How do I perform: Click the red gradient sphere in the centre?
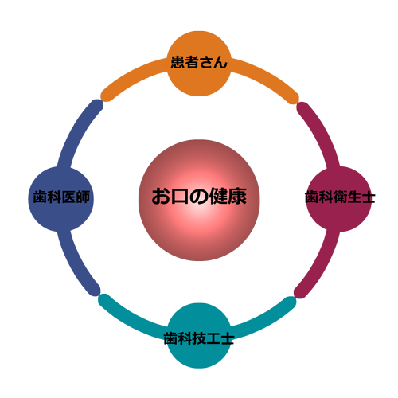tap(199, 200)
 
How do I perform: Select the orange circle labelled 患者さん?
tap(199, 64)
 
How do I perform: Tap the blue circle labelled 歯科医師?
tap(61, 199)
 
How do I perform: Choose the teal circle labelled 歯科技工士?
tap(199, 336)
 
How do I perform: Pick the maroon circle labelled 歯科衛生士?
tap(338, 199)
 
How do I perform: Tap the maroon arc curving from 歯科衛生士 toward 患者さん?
tap(322, 132)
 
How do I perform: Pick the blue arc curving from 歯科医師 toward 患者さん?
tap(77, 132)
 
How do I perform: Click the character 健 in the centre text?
tap(219, 197)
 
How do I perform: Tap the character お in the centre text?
tap(161, 197)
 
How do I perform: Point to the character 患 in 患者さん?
tap(178, 62)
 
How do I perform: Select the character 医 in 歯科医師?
tap(68, 197)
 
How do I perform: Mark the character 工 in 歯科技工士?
tap(213, 338)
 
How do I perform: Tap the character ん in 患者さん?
tap(220, 62)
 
